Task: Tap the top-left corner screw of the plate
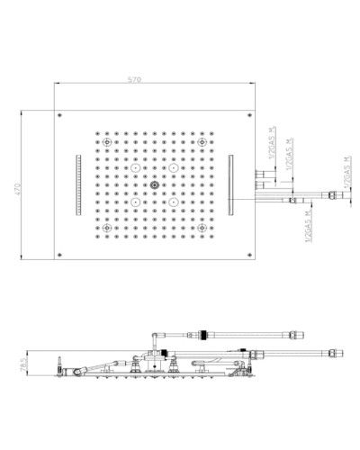[60, 116]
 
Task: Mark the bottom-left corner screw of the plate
[60, 257]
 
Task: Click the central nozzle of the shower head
[154, 186]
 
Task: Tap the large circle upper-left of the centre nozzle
[135, 168]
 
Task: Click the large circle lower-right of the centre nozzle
[173, 204]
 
